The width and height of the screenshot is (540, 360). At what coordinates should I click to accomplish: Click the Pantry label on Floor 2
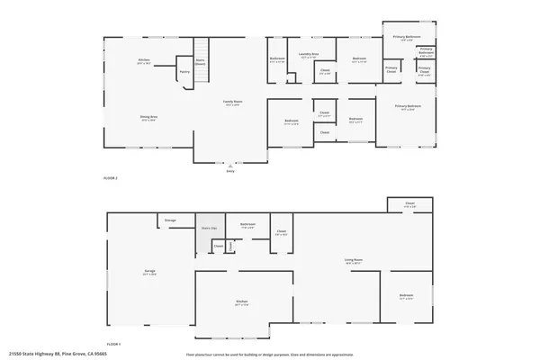click(x=184, y=70)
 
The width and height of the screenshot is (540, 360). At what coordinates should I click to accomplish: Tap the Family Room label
click(x=231, y=102)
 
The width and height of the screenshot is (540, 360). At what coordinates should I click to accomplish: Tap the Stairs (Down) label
click(x=201, y=63)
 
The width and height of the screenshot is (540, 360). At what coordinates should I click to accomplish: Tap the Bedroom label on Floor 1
click(x=407, y=294)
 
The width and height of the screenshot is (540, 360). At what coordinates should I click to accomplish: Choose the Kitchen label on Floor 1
click(x=242, y=301)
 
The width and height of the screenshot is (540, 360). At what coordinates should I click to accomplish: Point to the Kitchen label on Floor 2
click(x=144, y=60)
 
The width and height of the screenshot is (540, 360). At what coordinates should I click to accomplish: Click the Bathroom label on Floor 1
click(x=247, y=224)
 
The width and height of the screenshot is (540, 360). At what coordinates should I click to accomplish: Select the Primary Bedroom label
click(x=408, y=106)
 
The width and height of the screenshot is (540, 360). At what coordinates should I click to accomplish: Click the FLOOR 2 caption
click(x=111, y=178)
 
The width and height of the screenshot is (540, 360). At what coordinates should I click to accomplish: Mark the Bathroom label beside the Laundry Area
click(x=278, y=59)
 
